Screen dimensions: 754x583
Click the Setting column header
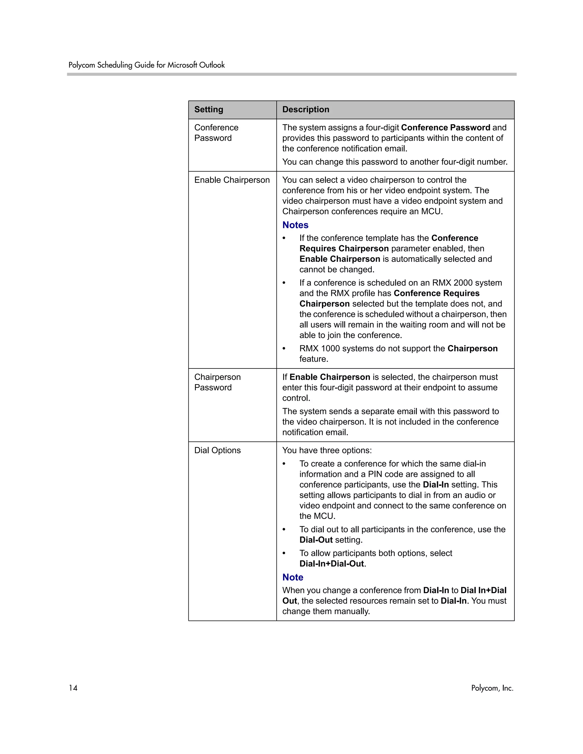(x=209, y=110)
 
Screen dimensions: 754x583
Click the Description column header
(x=306, y=110)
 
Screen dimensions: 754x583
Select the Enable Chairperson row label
(x=232, y=180)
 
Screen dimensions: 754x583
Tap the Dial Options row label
(x=217, y=450)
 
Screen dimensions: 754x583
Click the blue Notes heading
(x=295, y=225)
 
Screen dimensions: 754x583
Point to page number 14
(x=73, y=688)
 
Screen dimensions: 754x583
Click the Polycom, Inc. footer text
(x=492, y=688)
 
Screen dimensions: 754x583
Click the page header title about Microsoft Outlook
(x=146, y=65)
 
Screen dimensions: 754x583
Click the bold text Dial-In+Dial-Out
(x=332, y=563)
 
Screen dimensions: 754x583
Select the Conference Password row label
(x=216, y=133)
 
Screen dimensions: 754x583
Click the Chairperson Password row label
(x=217, y=382)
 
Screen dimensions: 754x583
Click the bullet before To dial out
(x=284, y=529)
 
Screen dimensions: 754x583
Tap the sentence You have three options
(x=327, y=450)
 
